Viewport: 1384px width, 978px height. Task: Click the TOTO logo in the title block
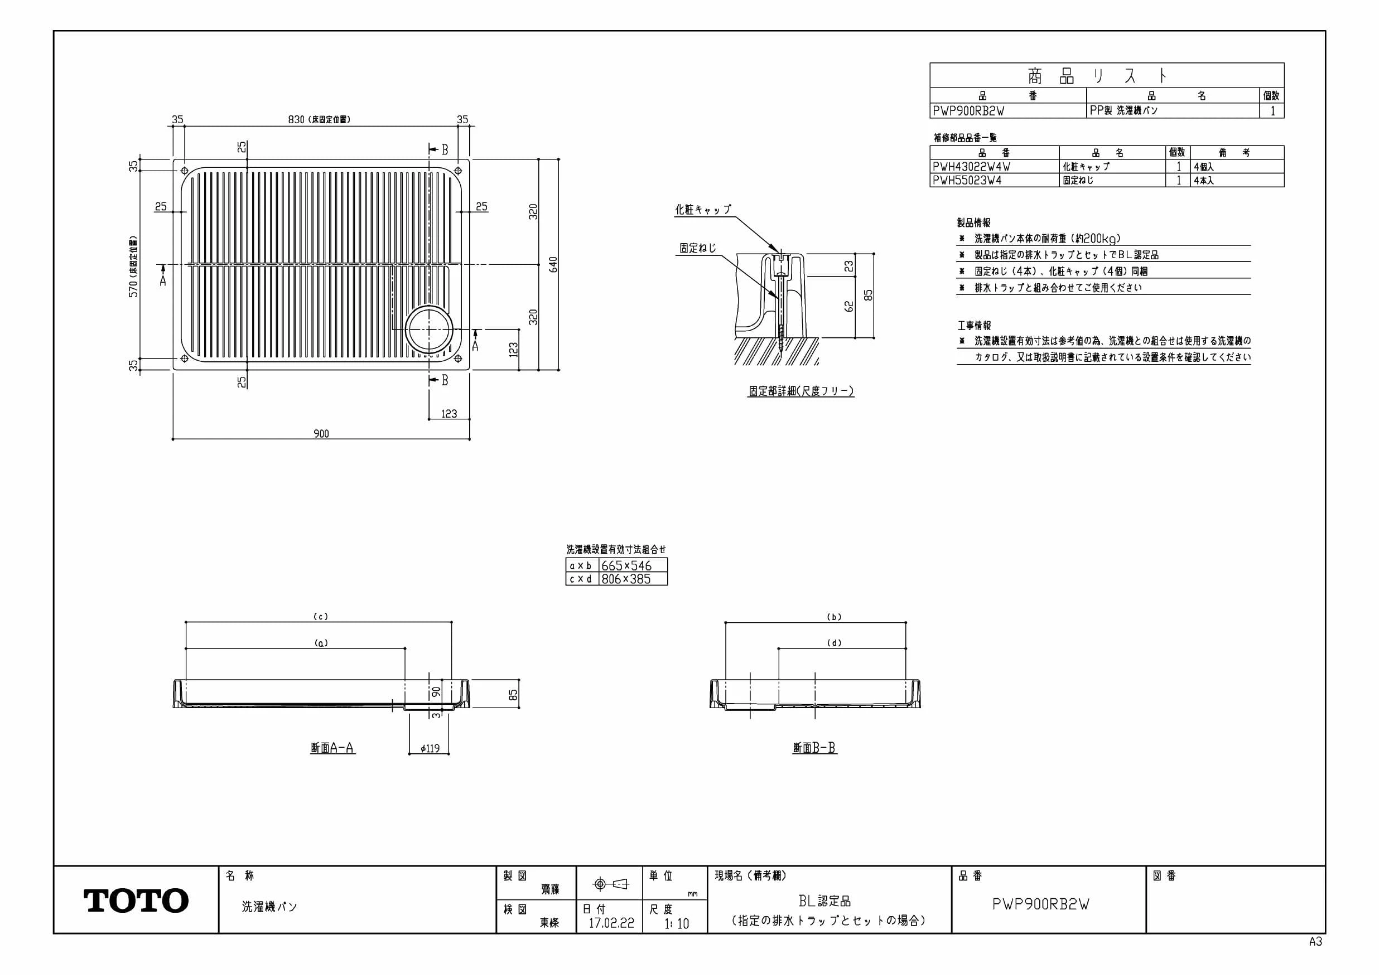[136, 900]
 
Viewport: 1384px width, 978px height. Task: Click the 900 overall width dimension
[321, 433]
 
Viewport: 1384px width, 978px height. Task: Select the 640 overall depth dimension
[553, 264]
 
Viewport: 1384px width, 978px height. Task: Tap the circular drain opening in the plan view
[428, 330]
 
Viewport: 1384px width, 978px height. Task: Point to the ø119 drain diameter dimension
[430, 748]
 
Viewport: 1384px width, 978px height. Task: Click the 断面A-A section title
[332, 748]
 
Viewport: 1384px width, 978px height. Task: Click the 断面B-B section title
[814, 748]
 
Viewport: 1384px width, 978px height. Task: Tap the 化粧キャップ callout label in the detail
[703, 209]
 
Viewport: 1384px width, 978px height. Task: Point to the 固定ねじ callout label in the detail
[698, 248]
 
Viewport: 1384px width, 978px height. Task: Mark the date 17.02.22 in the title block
[611, 923]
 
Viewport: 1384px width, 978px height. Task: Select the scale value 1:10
[676, 923]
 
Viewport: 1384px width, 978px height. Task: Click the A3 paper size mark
[1315, 941]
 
